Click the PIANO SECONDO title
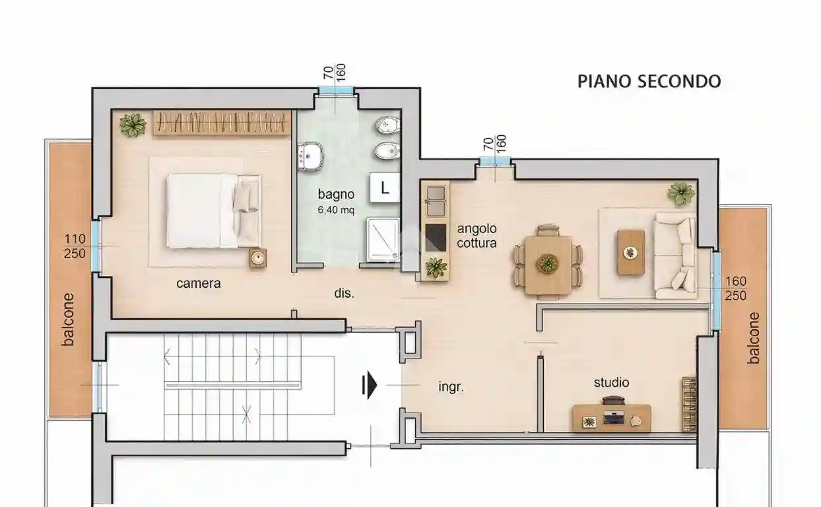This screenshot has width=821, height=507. point(649,81)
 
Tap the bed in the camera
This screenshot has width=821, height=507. point(214,211)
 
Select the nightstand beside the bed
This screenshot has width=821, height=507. point(258,258)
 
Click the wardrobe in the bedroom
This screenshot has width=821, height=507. point(222,122)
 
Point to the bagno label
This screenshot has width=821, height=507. point(336,194)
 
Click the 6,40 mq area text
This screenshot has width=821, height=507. point(336,210)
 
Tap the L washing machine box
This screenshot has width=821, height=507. point(384,187)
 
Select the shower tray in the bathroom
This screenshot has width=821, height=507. point(383,239)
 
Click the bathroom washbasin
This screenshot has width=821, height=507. point(310,156)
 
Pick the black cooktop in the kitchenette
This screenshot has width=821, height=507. point(436,238)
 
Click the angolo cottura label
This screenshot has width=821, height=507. point(477,236)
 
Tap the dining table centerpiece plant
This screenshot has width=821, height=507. point(548,263)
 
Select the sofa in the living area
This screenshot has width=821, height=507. point(675,255)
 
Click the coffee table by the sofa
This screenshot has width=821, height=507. point(631,252)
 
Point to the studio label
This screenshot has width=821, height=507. point(611,383)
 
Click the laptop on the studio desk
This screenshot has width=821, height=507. point(614,417)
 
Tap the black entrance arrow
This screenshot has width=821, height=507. point(370,386)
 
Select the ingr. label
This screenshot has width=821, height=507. point(451,387)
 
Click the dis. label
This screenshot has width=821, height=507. point(344,293)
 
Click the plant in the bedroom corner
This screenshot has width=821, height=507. point(133,125)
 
